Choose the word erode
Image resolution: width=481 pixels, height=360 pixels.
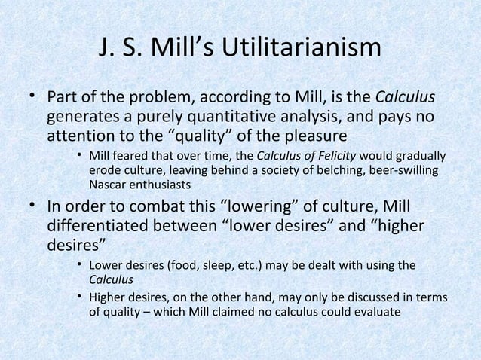[104, 170]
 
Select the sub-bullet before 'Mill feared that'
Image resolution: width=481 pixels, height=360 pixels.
[78, 157]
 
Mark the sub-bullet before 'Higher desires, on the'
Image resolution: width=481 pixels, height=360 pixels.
[78, 294]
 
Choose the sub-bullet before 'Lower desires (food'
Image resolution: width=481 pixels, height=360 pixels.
[78, 266]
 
